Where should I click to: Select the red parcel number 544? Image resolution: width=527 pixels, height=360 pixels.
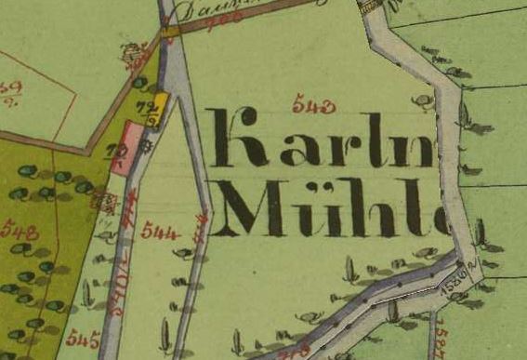point(160,233)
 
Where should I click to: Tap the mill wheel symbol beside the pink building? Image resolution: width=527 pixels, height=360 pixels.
point(146,147)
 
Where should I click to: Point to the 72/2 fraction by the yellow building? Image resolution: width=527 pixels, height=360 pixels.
point(147,113)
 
